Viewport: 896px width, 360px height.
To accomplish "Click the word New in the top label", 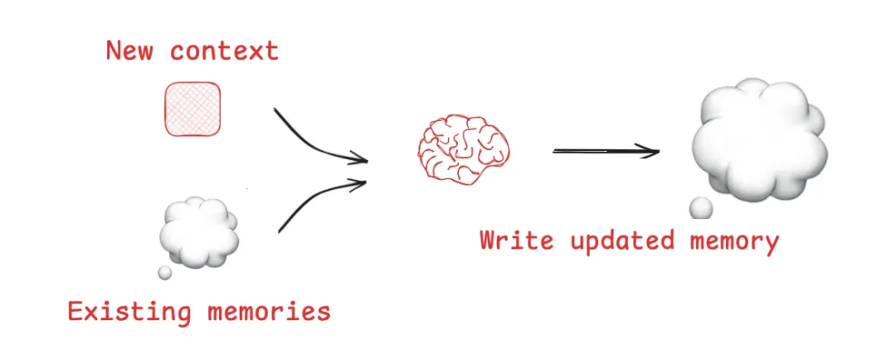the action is (130, 51).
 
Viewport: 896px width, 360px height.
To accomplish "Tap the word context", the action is (224, 51).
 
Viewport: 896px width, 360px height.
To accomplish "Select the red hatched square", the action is (192, 109).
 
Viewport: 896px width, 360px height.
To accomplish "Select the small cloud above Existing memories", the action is (198, 231).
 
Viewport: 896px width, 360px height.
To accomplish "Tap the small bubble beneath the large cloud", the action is (702, 207).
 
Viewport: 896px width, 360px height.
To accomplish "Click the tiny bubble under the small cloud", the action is (165, 272).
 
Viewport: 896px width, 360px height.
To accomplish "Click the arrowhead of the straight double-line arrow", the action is (651, 150).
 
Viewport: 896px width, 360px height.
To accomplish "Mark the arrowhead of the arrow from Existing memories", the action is (359, 182).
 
